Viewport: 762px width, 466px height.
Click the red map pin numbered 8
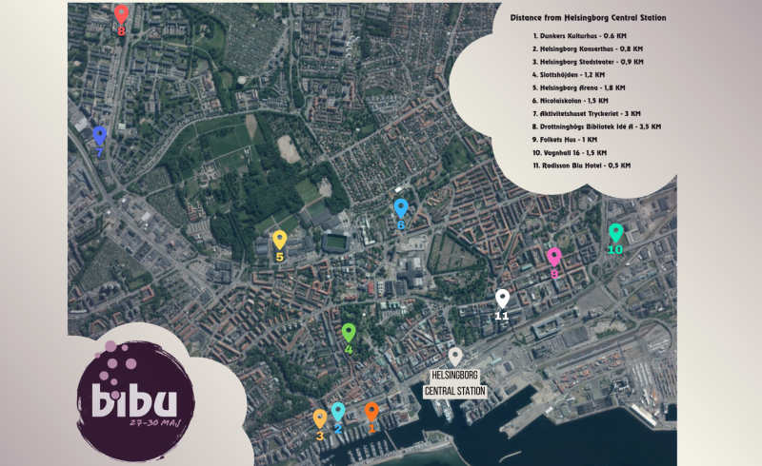[121, 14]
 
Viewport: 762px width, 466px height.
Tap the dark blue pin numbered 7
[99, 135]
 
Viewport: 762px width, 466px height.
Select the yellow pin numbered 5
[279, 240]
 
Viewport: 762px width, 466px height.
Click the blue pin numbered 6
[401, 208]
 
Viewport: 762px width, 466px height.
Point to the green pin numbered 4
[349, 332]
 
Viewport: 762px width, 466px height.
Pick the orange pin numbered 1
[371, 412]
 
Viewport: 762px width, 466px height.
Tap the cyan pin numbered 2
[337, 412]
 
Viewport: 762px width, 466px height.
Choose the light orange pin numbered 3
[320, 418]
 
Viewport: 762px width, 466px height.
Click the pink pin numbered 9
[554, 256]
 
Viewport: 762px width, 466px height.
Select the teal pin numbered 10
[615, 232]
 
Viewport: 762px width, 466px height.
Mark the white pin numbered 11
[502, 299]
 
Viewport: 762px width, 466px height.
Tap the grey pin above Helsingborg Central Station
[456, 356]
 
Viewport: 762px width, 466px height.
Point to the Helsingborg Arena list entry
[581, 87]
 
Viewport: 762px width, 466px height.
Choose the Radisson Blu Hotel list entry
[584, 165]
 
